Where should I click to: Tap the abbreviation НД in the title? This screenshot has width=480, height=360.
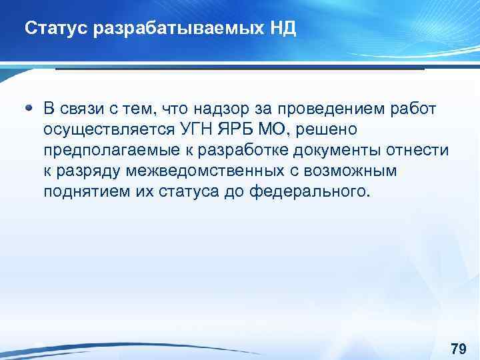click(283, 29)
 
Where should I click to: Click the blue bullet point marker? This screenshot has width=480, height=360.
click(29, 107)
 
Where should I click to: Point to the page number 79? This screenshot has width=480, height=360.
click(458, 349)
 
